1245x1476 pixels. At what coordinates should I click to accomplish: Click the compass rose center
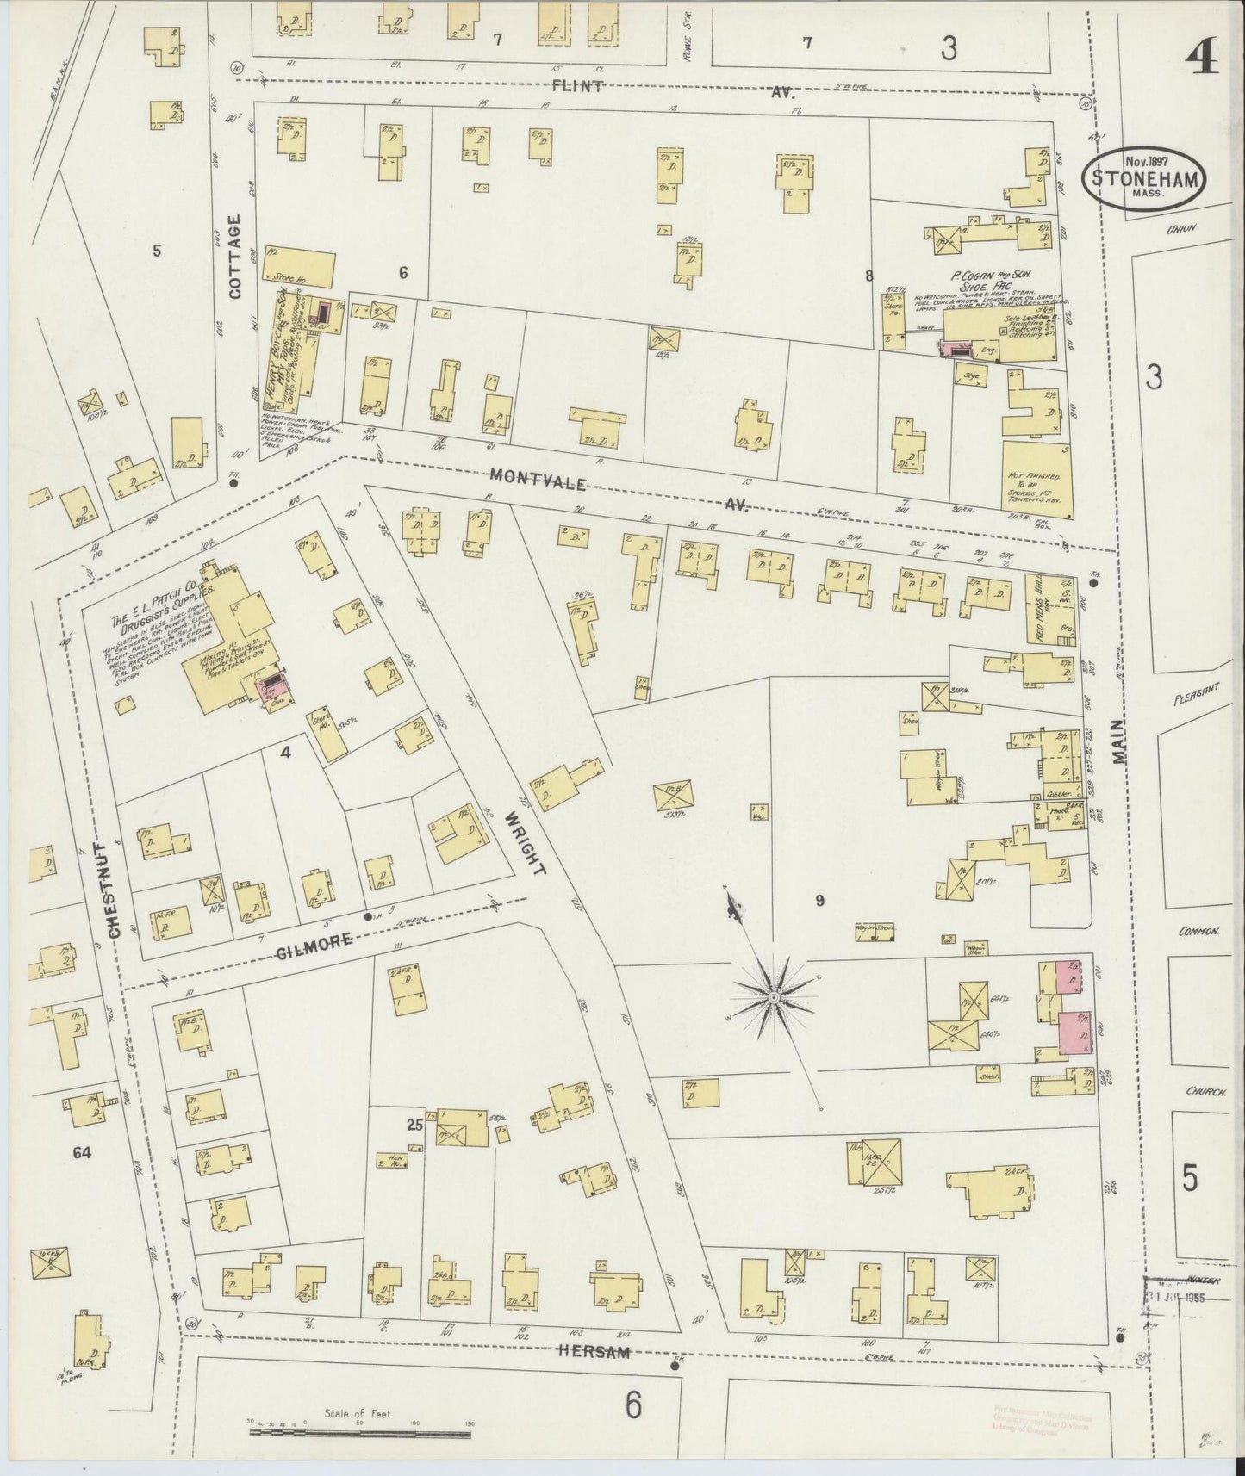[x=774, y=997]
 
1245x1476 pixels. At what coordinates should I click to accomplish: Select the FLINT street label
[x=579, y=86]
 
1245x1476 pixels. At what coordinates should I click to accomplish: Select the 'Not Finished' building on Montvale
[x=1036, y=481]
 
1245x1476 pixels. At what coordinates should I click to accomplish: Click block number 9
[x=819, y=901]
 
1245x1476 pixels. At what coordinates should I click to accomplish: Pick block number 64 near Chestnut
[x=82, y=1151]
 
